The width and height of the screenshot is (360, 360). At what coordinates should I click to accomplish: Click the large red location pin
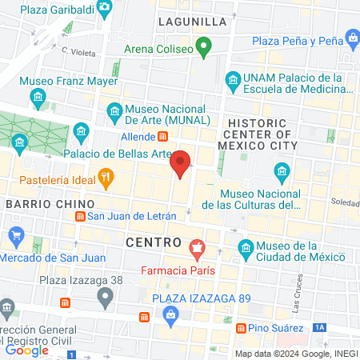coord(181,163)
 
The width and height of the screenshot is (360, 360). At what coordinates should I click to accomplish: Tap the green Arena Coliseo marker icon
coord(205,48)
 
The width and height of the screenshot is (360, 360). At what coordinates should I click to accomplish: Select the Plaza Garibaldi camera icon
coord(105,8)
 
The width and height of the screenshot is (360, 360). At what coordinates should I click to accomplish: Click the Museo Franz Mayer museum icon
coord(38,97)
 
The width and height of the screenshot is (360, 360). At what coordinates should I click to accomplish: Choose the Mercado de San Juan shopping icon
coord(15,235)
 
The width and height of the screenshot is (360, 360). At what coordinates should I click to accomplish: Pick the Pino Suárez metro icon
coord(238,328)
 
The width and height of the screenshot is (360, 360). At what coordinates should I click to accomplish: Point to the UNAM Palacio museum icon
coord(233,79)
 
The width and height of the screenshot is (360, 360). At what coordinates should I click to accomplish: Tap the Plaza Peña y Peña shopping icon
coord(353,37)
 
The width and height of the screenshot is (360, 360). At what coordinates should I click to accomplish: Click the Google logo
coord(26,350)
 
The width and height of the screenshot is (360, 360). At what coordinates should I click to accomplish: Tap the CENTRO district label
coord(150,240)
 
